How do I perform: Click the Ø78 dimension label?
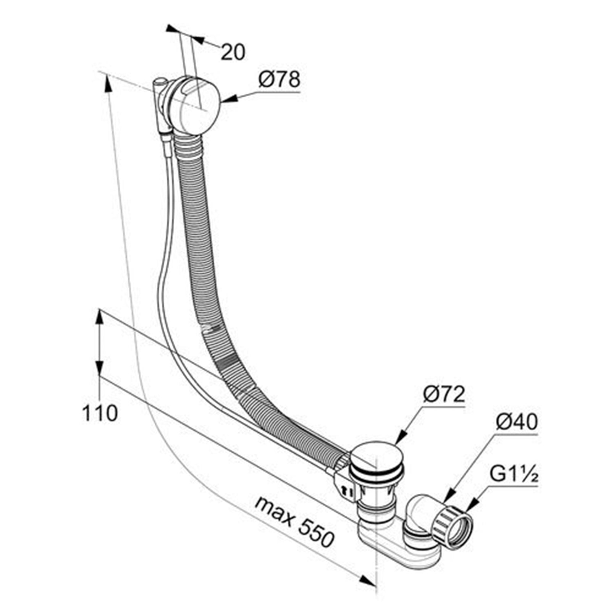click(x=279, y=80)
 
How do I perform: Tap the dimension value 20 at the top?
click(x=233, y=52)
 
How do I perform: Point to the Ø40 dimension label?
click(x=516, y=422)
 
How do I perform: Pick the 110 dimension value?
click(x=100, y=413)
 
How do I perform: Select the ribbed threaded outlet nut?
click(x=452, y=527)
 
